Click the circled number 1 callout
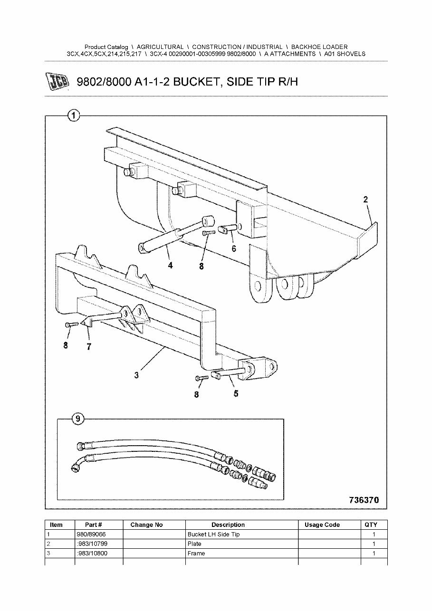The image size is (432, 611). point(73,115)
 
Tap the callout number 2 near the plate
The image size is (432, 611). point(365,200)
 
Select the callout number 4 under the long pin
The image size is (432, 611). point(170,266)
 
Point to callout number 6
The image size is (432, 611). point(234,248)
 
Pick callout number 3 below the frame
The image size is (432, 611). point(136,375)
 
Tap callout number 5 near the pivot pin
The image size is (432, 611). point(236,393)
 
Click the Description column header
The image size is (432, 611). point(228,525)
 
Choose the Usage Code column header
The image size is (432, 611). point(322,525)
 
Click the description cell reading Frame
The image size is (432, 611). point(196,554)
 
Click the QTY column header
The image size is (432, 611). point(371,525)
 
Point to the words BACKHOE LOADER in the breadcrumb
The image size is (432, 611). point(319,47)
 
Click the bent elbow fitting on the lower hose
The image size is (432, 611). point(78,464)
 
